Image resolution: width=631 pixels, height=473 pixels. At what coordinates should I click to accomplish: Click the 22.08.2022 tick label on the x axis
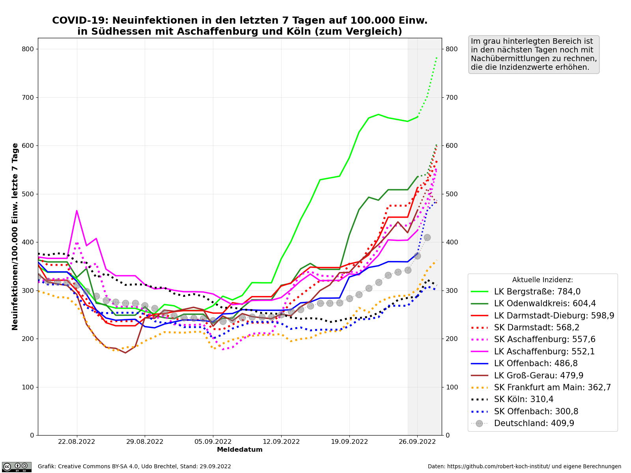(77, 442)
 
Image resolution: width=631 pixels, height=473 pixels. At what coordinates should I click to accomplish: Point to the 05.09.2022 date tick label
(213, 442)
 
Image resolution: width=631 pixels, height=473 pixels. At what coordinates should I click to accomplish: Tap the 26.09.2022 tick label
(417, 442)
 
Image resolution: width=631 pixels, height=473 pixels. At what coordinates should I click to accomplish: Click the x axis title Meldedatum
(239, 450)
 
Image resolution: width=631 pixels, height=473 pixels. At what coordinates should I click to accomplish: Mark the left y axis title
(15, 236)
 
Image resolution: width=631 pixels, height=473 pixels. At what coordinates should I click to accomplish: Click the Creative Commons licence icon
(17, 467)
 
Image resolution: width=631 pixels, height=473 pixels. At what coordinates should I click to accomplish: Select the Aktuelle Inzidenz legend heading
(542, 280)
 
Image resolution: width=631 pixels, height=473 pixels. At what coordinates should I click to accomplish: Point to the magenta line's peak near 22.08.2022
(77, 210)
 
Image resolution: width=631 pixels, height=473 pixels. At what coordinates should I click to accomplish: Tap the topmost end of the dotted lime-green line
(437, 57)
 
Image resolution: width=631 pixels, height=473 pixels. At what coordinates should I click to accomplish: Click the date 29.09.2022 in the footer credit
(215, 467)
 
